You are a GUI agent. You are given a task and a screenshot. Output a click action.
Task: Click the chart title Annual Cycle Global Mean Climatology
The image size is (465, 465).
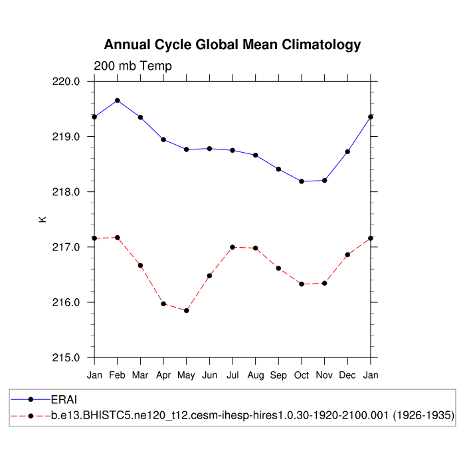[x=232, y=45]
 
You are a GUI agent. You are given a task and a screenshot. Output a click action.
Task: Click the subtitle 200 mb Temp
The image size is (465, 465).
[x=133, y=66]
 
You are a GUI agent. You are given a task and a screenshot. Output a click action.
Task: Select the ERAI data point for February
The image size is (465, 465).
[x=118, y=100]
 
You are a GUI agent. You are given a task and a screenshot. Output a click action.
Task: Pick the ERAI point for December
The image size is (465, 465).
[x=347, y=151]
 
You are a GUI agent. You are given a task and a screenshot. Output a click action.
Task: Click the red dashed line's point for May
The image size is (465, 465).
[x=187, y=310]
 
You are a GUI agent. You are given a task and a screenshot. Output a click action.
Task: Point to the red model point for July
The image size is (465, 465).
[x=232, y=247]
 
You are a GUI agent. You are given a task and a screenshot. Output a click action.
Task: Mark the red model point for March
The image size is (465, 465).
[x=140, y=265]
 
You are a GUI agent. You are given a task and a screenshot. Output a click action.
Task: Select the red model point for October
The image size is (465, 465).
[x=302, y=284]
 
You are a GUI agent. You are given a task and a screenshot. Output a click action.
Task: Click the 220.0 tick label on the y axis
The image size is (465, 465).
[x=67, y=82]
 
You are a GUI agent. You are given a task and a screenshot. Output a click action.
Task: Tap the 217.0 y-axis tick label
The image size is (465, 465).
[x=67, y=247]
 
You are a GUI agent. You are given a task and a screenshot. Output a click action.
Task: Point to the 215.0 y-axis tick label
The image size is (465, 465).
[x=67, y=357]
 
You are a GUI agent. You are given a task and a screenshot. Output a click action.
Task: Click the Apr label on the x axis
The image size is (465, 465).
[x=163, y=375]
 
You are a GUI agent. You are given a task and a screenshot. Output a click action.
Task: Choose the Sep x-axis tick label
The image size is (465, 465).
[x=278, y=375]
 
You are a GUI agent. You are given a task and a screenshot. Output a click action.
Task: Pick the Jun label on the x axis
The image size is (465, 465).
[x=209, y=375]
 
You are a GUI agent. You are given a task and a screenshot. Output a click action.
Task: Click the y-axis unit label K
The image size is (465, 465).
[x=43, y=219]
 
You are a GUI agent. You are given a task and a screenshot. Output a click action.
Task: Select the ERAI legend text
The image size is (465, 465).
[x=65, y=400]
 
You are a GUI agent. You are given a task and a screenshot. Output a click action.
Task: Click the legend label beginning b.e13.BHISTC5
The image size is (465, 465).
[x=252, y=415]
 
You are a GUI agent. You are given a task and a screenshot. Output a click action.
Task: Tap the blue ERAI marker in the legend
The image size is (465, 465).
[x=31, y=400]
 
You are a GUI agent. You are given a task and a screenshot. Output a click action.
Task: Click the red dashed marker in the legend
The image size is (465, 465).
[x=31, y=415]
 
